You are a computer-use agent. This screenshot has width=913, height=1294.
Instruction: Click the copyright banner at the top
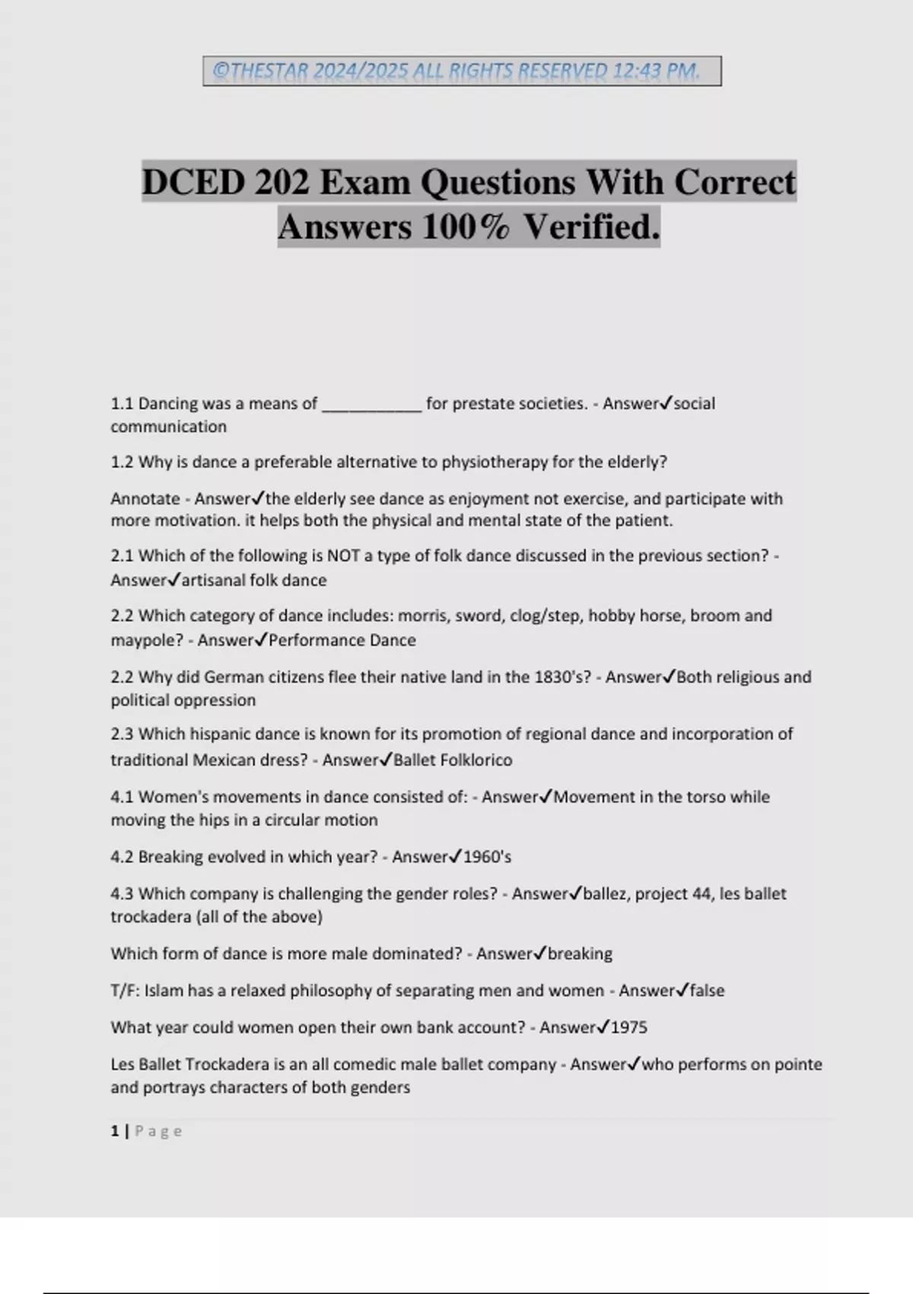tap(462, 71)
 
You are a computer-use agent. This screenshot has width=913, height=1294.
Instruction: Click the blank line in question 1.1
tap(371, 404)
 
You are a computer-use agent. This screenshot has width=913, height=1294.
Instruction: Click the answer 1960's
tap(487, 857)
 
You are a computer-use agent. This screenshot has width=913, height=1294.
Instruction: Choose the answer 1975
tap(628, 1028)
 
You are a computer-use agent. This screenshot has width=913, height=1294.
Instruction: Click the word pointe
tap(799, 1064)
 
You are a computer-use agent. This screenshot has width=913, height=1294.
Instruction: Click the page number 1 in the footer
tap(115, 1131)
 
